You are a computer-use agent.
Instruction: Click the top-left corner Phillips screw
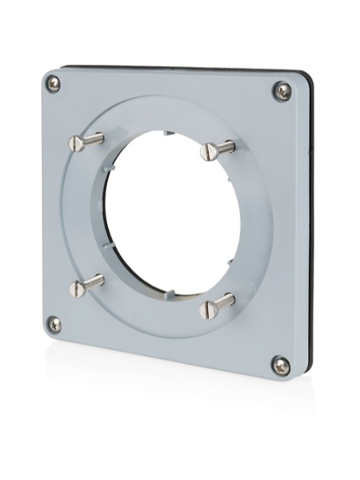pyautogui.click(x=54, y=82)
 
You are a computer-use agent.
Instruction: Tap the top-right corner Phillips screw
pyautogui.click(x=282, y=90)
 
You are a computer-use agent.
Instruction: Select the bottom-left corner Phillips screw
pyautogui.click(x=54, y=323)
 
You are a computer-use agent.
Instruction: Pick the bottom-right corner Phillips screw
pyautogui.click(x=281, y=366)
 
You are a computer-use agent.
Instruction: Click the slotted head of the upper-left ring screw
pyautogui.click(x=76, y=143)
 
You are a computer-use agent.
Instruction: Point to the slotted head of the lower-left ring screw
pyautogui.click(x=77, y=288)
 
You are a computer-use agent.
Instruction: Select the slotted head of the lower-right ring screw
pyautogui.click(x=208, y=309)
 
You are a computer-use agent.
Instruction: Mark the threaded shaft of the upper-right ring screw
pyautogui.click(x=225, y=146)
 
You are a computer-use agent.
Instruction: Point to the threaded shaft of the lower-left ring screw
pyautogui.click(x=94, y=281)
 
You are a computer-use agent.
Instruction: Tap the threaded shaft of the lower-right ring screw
pyautogui.click(x=225, y=301)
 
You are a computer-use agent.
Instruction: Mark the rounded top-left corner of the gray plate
pyautogui.click(x=47, y=74)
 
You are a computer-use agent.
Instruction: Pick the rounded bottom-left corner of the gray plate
pyautogui.click(x=47, y=334)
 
